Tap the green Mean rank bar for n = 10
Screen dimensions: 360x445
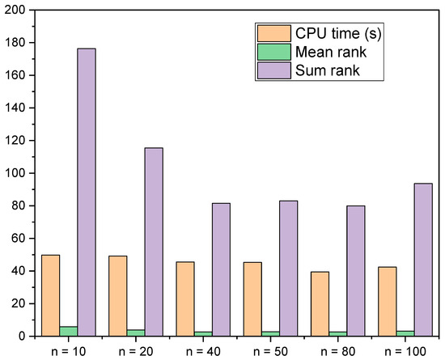tap(68, 331)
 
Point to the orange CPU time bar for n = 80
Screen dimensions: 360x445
tap(320, 303)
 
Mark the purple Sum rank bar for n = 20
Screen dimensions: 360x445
tap(154, 242)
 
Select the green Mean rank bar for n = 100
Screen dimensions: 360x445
tap(405, 332)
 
